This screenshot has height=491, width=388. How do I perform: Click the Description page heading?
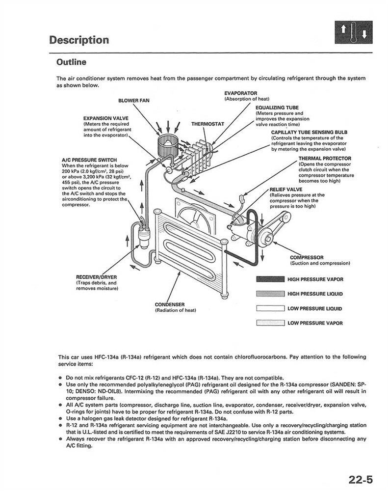pyautogui.click(x=79, y=40)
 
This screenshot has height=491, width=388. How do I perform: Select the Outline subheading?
pyautogui.click(x=71, y=62)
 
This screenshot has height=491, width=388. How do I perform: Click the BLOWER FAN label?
pyautogui.click(x=134, y=101)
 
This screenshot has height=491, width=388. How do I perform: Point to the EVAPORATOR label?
pyautogui.click(x=240, y=93)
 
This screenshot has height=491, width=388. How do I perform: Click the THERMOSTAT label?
pyautogui.click(x=207, y=124)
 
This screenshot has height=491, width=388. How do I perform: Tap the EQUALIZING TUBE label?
pyautogui.click(x=277, y=108)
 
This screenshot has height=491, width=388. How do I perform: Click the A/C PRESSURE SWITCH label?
pyautogui.click(x=89, y=160)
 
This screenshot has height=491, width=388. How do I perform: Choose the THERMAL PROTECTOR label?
pyautogui.click(x=325, y=159)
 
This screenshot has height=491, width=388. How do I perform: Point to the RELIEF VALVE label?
pyautogui.click(x=285, y=189)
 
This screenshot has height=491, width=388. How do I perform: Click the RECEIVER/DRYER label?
pyautogui.click(x=96, y=277)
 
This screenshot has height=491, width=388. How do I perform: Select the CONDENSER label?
pyautogui.click(x=169, y=305)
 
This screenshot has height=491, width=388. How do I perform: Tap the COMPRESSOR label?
pyautogui.click(x=307, y=257)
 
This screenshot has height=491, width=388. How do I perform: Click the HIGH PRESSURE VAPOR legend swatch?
pyautogui.click(x=270, y=279)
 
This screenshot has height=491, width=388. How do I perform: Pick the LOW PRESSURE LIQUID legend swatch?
pyautogui.click(x=270, y=309)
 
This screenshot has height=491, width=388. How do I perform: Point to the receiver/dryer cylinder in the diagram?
pyautogui.click(x=143, y=234)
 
